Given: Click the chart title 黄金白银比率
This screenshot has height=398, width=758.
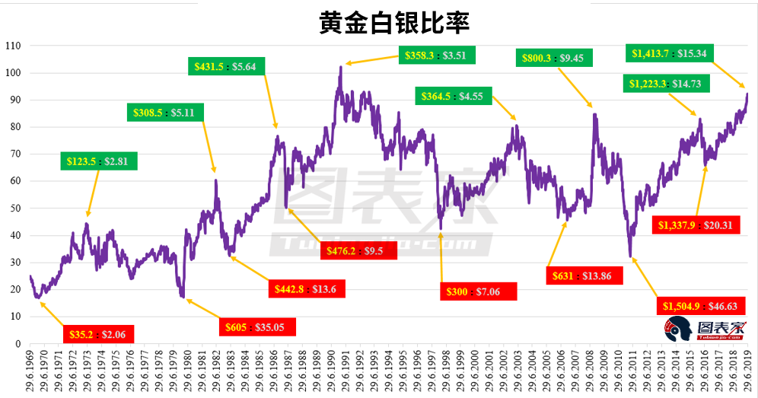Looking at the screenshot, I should coord(393,22).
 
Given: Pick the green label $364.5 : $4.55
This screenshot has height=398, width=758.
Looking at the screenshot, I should coord(454,96).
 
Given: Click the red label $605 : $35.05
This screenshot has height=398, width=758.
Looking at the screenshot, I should coord(257,326).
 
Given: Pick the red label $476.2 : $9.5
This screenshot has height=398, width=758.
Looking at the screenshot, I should coord(361,250).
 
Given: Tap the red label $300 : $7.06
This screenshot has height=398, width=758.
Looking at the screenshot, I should coord(479,291).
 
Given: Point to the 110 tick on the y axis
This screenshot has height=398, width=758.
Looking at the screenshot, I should coord(12,46).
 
